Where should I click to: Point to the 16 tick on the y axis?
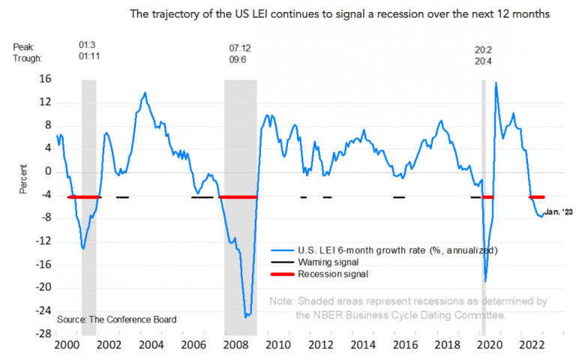[x=46, y=79]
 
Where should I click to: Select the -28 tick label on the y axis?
[x=43, y=334]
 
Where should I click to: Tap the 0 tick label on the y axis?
[x=48, y=172]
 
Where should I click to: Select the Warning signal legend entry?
[x=319, y=262]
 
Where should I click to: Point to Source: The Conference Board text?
[x=116, y=319]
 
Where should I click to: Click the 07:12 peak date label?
[x=239, y=48]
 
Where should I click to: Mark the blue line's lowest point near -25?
[x=246, y=317]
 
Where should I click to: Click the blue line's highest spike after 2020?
[x=496, y=82]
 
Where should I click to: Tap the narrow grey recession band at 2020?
[x=484, y=202]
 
